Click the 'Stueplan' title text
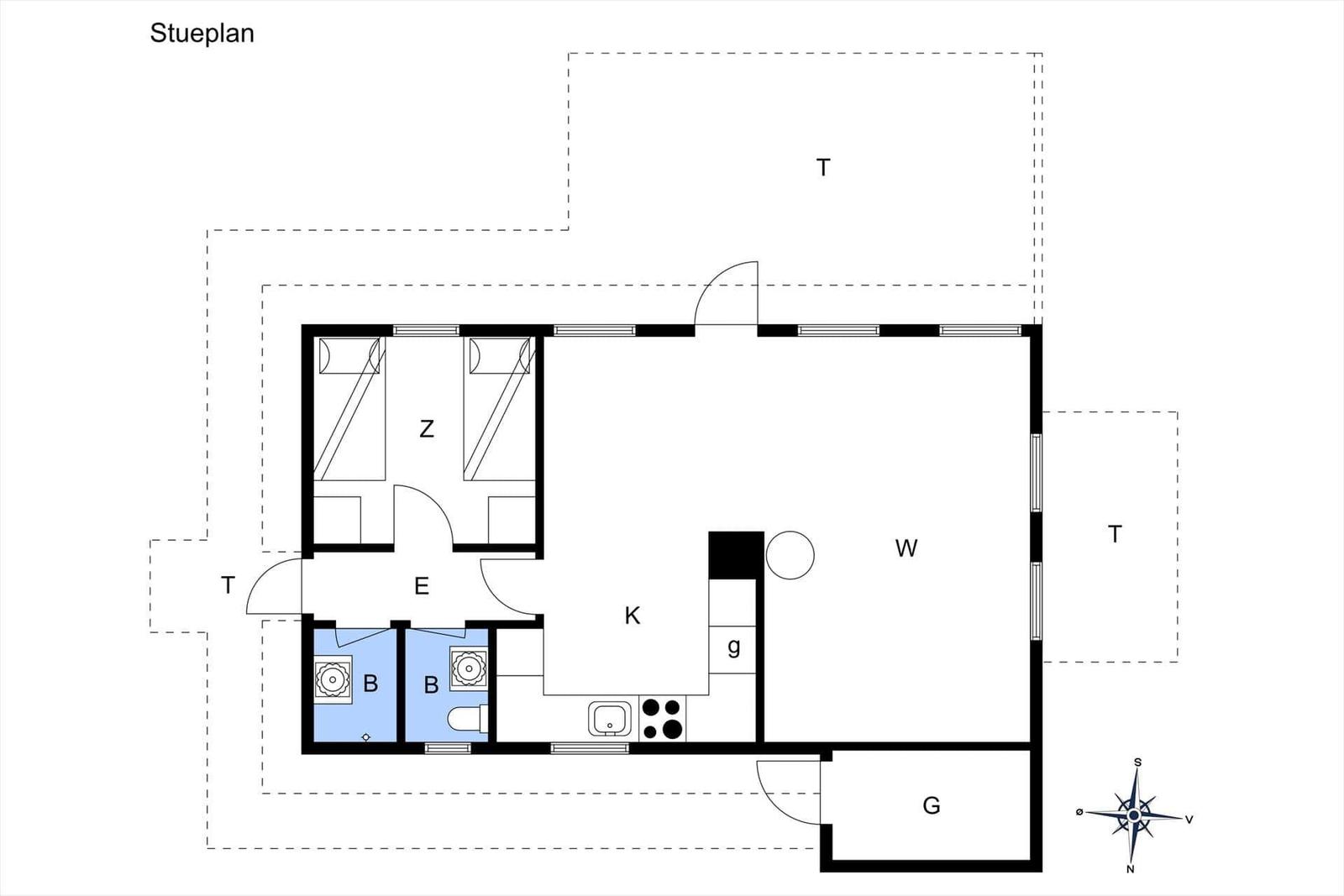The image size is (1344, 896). point(202,34)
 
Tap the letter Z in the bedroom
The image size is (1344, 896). point(427,429)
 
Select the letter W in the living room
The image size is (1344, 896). point(906,548)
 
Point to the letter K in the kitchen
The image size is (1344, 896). point(633,616)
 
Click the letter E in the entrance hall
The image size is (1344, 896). point(422,586)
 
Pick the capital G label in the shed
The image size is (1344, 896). point(932,805)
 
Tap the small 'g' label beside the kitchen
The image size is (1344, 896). point(733,647)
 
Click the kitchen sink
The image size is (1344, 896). point(610,719)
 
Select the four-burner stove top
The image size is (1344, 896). point(663,719)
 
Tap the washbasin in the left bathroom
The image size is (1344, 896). point(333,679)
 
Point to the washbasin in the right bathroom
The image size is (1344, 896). point(469,667)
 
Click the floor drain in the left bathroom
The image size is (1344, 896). point(366,737)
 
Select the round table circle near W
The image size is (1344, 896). point(790,555)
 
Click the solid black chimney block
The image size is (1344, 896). point(736,555)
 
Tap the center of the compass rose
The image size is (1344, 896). point(1133,815)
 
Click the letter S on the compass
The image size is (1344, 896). point(1137,762)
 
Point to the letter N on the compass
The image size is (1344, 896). point(1131,869)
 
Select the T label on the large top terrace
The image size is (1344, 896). point(823,167)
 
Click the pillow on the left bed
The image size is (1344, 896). point(325,356)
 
